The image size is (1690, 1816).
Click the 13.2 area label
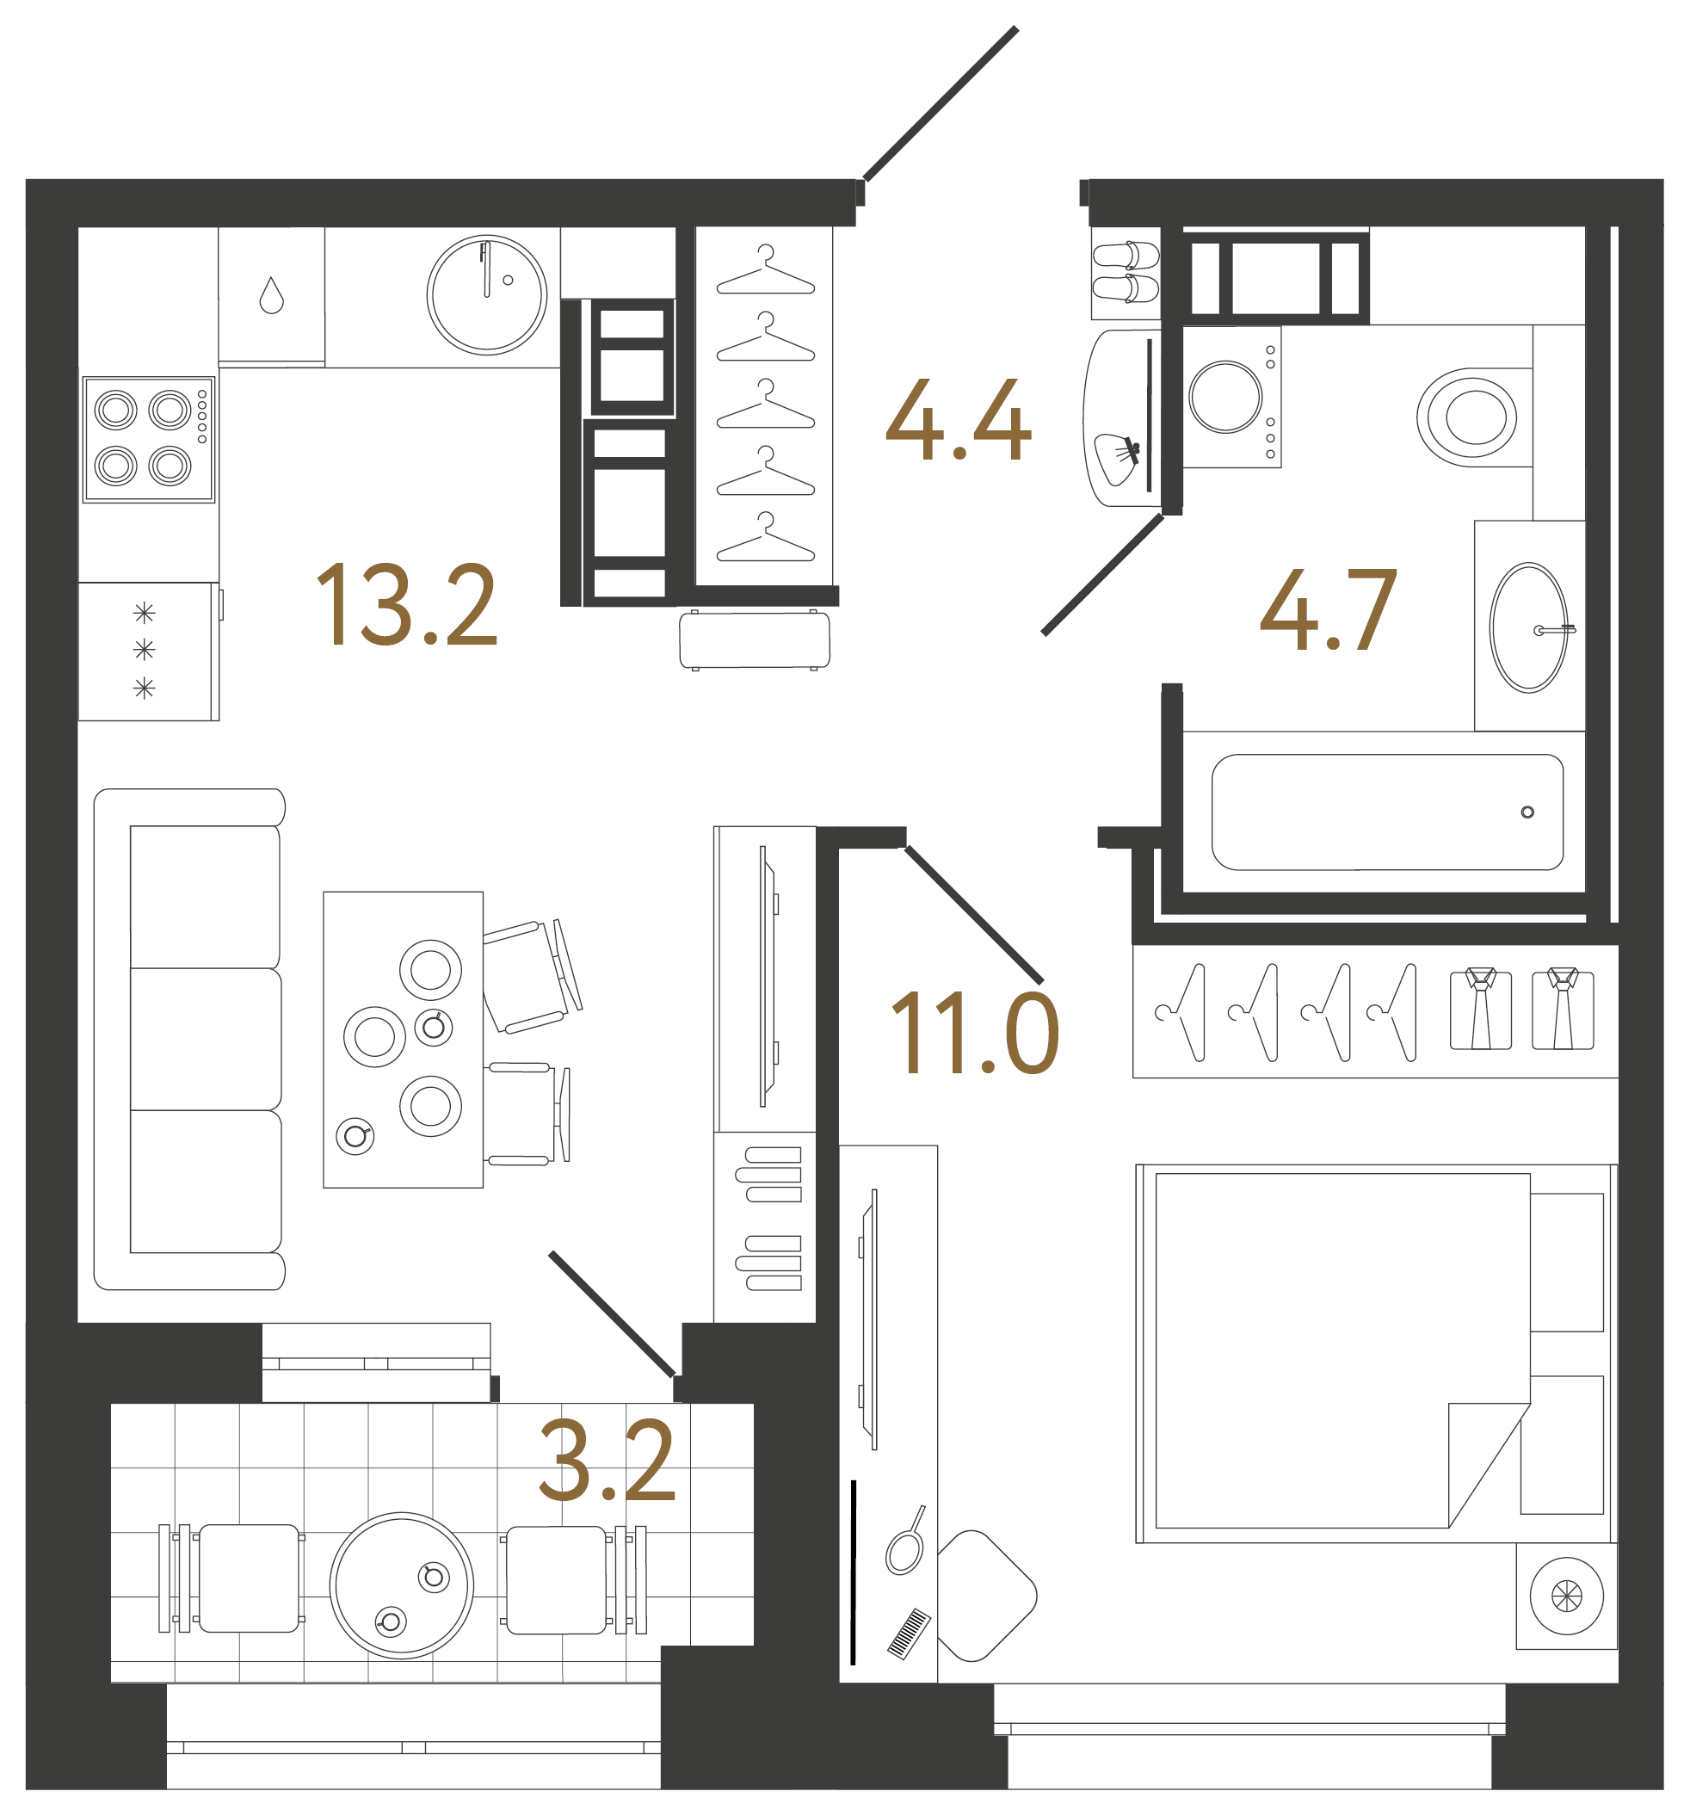pos(405,605)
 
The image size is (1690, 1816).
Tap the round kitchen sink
pos(487,294)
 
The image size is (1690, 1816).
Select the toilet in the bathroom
pos(1471,417)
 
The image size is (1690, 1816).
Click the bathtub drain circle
pos(1527,812)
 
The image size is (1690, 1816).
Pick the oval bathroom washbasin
pos(1527,627)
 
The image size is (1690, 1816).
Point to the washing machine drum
pos(1225,397)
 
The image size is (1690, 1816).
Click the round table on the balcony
pos(401,1584)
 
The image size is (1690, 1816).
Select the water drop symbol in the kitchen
pos(271,295)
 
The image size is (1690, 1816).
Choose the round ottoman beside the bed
pos(1566,1596)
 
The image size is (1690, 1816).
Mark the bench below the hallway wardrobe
pos(755,640)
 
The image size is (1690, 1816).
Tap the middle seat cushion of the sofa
pos(206,1039)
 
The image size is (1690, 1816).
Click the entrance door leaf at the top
pos(941,103)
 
